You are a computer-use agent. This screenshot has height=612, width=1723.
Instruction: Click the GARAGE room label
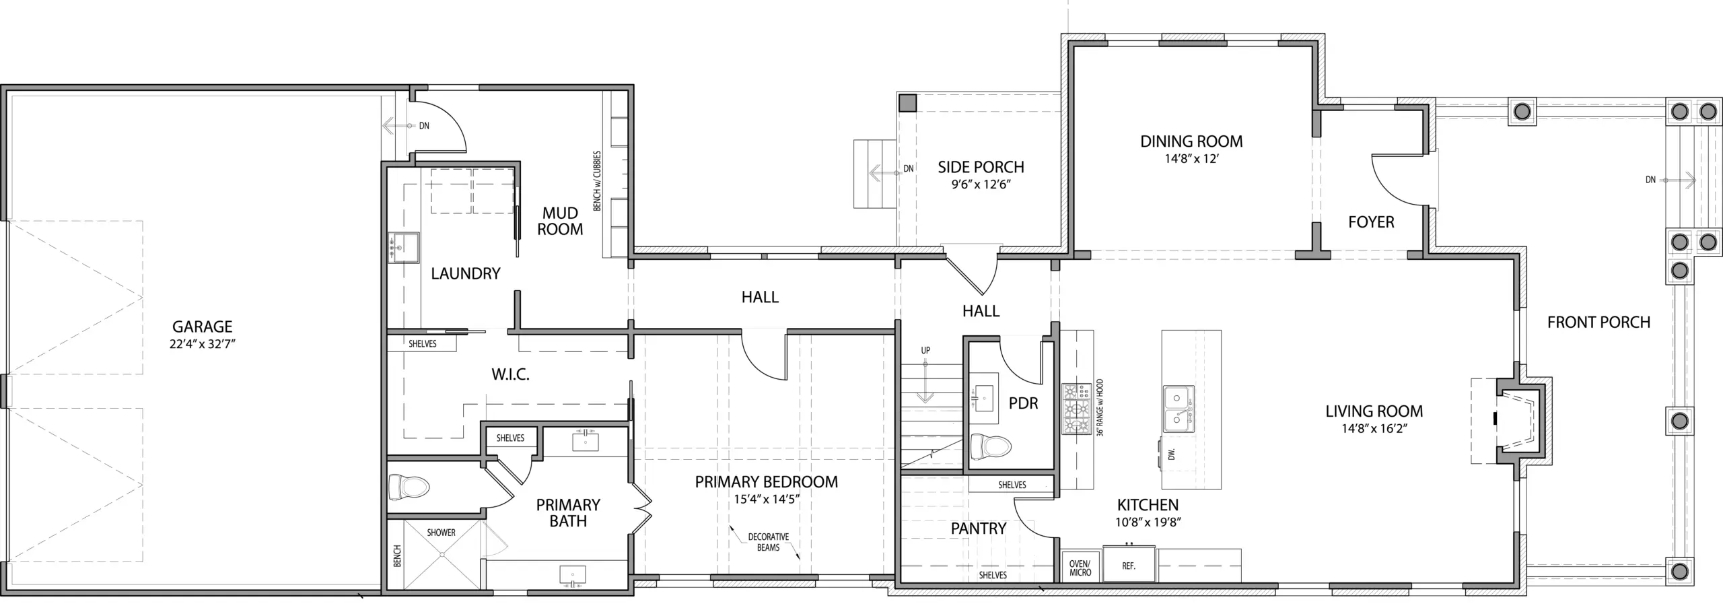[x=203, y=327]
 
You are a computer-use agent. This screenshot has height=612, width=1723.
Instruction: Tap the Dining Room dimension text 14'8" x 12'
[x=1192, y=160]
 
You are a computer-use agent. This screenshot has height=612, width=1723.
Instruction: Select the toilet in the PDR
[x=991, y=446]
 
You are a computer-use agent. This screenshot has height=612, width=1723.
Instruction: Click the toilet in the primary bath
[x=409, y=487]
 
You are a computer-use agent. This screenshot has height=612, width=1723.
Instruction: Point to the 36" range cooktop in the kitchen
[x=1077, y=409]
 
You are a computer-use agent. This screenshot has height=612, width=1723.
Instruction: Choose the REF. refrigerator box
[x=1129, y=566]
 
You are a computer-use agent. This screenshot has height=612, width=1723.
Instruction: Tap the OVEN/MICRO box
[x=1080, y=567]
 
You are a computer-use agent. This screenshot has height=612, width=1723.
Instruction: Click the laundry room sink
[x=403, y=247]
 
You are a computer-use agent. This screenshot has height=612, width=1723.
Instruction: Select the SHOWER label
[x=442, y=533]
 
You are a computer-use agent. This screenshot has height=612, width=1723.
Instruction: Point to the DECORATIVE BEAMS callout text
[x=769, y=542]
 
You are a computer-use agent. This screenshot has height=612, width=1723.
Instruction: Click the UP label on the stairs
[x=925, y=351]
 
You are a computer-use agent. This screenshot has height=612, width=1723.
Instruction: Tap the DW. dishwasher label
[x=1172, y=455]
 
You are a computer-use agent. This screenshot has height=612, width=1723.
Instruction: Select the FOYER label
[x=1371, y=222]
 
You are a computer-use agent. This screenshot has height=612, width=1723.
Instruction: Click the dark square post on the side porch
[x=908, y=103]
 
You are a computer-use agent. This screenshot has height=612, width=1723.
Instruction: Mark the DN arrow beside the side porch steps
[x=885, y=173]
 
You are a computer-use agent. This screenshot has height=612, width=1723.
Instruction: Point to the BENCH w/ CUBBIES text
[x=597, y=181]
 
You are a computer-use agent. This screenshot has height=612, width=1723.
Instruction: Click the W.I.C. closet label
[x=510, y=375]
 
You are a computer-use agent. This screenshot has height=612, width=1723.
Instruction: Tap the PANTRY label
[x=979, y=529]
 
